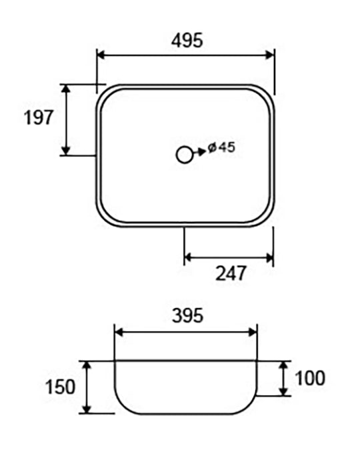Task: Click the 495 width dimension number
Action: tap(187, 40)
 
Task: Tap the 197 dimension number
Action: tap(39, 117)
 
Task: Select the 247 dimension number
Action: tap(231, 273)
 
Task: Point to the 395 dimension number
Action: tap(188, 315)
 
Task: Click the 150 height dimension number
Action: tap(60, 387)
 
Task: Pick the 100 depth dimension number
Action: tap(310, 378)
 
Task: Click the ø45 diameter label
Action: tap(221, 147)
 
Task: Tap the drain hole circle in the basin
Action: tap(184, 155)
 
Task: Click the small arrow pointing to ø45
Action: tap(200, 152)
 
